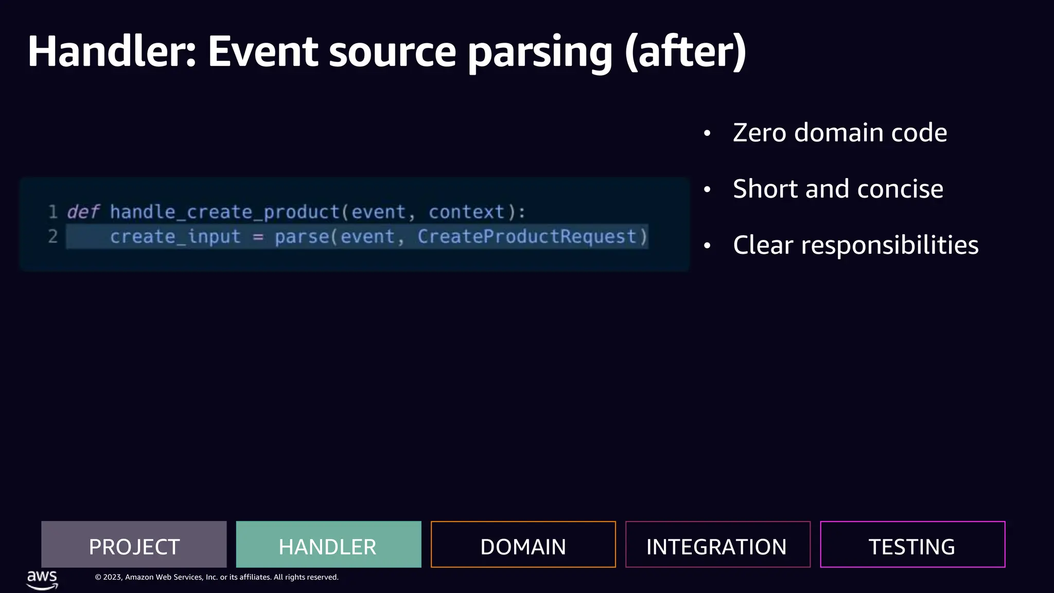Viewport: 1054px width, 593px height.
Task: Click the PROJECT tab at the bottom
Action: tap(134, 545)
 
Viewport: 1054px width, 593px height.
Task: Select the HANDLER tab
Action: tap(328, 545)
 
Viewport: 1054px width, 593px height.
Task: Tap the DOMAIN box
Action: tap(523, 545)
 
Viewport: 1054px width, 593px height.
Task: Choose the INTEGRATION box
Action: tap(717, 545)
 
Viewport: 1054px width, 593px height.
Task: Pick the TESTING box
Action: tap(912, 545)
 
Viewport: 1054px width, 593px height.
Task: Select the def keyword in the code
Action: tap(83, 212)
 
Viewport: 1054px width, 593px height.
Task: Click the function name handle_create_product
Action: tap(225, 212)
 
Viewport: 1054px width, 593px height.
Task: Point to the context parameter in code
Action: tap(467, 212)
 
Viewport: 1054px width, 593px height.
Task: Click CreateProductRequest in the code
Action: tap(527, 237)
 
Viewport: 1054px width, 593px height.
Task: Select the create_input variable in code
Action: tap(175, 237)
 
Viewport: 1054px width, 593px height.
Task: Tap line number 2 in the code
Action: tap(52, 237)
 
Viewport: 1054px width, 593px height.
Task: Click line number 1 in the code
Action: tap(52, 212)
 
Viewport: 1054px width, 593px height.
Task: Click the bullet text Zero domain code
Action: tap(840, 133)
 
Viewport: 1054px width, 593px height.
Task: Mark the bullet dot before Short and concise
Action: tap(707, 189)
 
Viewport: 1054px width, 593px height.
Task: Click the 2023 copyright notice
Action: tap(216, 577)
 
